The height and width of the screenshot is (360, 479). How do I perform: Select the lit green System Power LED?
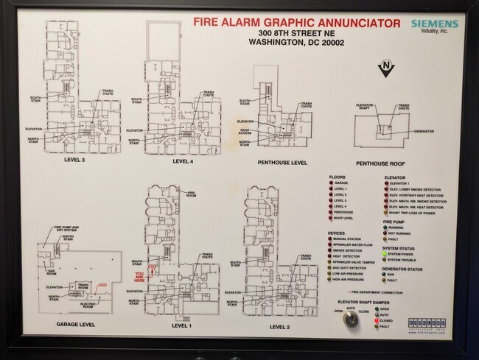tap(384, 254)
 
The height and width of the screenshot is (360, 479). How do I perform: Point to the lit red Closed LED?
tap(376, 321)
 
